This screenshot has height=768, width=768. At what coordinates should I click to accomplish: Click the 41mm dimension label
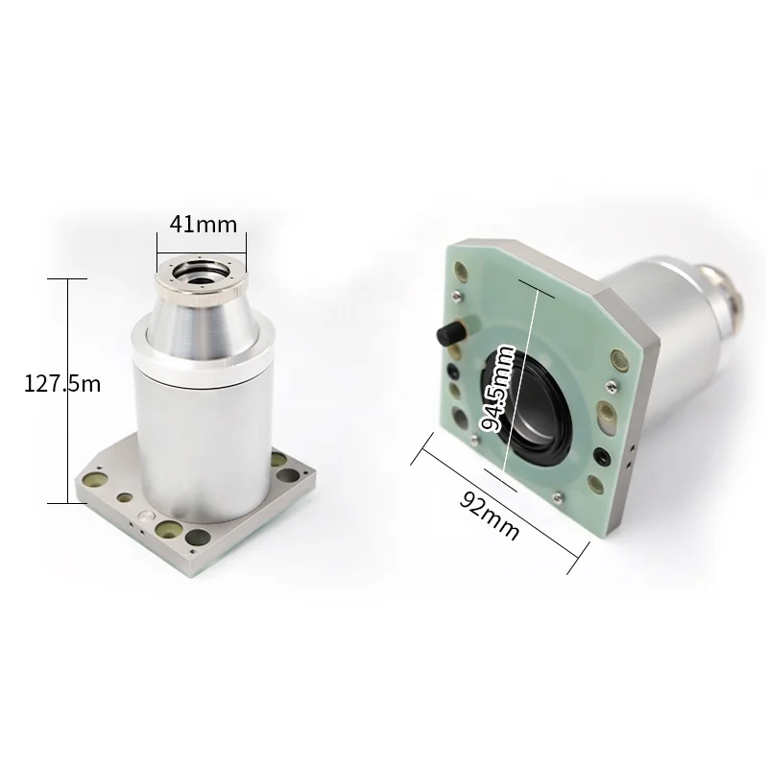[204, 225]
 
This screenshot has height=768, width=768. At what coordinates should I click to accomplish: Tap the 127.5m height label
[62, 383]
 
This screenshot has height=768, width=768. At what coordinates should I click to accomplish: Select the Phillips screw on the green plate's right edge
[611, 386]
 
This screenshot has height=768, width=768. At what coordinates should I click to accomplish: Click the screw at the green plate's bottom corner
[557, 498]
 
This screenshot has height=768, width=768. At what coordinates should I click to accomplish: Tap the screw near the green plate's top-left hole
[457, 295]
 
